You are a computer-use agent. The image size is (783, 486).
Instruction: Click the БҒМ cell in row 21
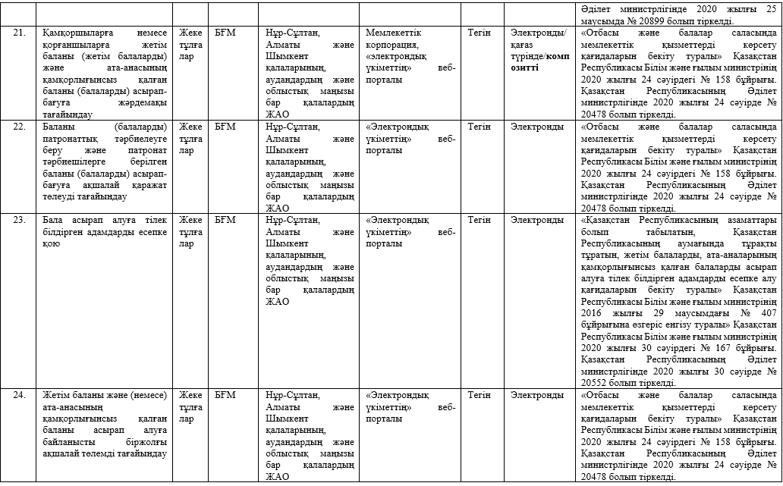[225, 33]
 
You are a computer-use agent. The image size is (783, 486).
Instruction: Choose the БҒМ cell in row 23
[225, 221]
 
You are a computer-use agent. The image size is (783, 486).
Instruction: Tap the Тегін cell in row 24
[479, 395]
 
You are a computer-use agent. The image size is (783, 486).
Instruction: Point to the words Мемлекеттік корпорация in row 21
[394, 39]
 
